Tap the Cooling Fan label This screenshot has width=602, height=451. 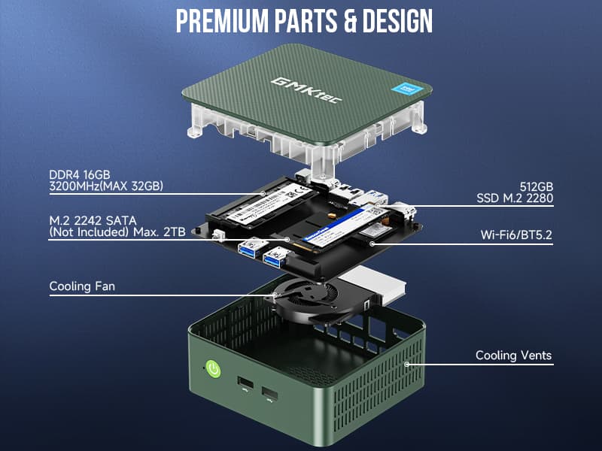tap(82, 286)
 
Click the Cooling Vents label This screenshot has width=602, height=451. tap(513, 356)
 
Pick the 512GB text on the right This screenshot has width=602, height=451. tap(536, 186)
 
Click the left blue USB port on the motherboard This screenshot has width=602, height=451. tap(248, 248)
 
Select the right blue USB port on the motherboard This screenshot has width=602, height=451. tap(274, 258)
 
